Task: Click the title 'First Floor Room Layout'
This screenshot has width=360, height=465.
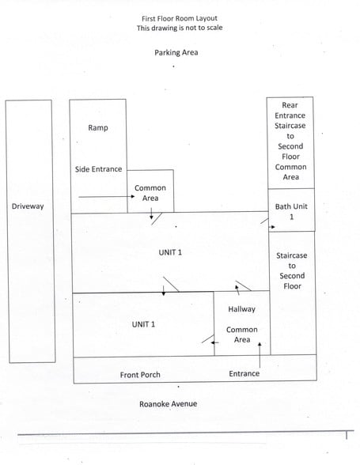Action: [x=180, y=19]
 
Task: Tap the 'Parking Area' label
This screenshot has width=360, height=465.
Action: [x=176, y=52]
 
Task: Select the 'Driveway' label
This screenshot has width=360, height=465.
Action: [x=28, y=206]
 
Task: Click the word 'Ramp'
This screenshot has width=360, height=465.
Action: [x=98, y=128]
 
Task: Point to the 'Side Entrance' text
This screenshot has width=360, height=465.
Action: [x=98, y=169]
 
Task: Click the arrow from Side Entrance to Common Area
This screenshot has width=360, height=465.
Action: [x=107, y=196]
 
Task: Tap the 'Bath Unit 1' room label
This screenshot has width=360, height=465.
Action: [x=291, y=211]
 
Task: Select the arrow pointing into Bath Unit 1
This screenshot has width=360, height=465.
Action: [x=272, y=227]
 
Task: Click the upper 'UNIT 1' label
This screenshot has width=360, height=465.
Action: [x=170, y=252]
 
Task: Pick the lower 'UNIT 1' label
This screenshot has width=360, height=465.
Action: [x=143, y=324]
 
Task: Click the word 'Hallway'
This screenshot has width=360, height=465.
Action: [x=241, y=309]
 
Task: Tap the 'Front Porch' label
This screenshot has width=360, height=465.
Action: [x=140, y=375]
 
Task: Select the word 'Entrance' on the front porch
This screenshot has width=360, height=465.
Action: [x=244, y=373]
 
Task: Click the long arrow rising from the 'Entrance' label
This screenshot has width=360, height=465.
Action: [x=260, y=355]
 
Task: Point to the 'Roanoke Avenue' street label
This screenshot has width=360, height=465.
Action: [x=168, y=404]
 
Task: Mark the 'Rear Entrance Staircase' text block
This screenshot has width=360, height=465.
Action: [x=290, y=141]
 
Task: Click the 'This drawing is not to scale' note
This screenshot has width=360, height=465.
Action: [x=180, y=28]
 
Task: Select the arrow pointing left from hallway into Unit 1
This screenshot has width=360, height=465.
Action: [x=215, y=342]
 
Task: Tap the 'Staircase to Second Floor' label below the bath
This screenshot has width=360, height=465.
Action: [x=292, y=270]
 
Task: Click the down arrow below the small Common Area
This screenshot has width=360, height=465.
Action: [x=151, y=214]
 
